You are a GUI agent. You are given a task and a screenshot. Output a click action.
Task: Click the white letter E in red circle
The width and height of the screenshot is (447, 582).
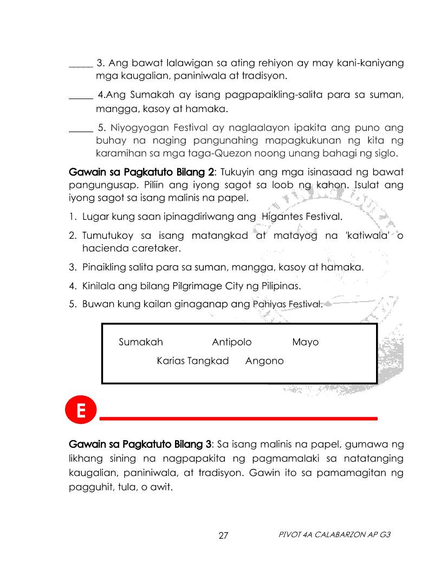[80, 411]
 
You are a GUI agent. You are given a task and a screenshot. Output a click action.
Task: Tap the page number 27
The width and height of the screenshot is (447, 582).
[223, 536]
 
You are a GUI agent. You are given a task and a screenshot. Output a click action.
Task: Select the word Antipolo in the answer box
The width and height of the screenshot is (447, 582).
[232, 342]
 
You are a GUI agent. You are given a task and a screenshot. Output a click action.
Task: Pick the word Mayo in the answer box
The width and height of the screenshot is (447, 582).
[306, 342]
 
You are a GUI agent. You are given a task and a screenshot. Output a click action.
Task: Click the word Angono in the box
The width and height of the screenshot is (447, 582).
[264, 361]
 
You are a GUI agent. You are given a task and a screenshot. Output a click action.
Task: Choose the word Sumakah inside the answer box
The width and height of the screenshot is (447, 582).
[141, 342]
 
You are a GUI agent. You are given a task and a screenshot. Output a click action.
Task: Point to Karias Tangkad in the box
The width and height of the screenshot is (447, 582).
[193, 361]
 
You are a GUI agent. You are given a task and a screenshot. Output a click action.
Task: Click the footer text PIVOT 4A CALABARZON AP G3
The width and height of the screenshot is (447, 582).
[334, 535]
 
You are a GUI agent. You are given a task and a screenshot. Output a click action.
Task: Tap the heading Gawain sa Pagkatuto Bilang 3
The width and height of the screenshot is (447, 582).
[140, 444]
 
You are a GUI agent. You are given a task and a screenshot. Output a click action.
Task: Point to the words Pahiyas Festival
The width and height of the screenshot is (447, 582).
[288, 304]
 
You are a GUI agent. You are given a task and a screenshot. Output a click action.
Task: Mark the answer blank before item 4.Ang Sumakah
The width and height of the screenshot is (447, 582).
[81, 98]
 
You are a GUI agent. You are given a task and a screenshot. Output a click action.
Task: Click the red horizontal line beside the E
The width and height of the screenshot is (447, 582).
[238, 418]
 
